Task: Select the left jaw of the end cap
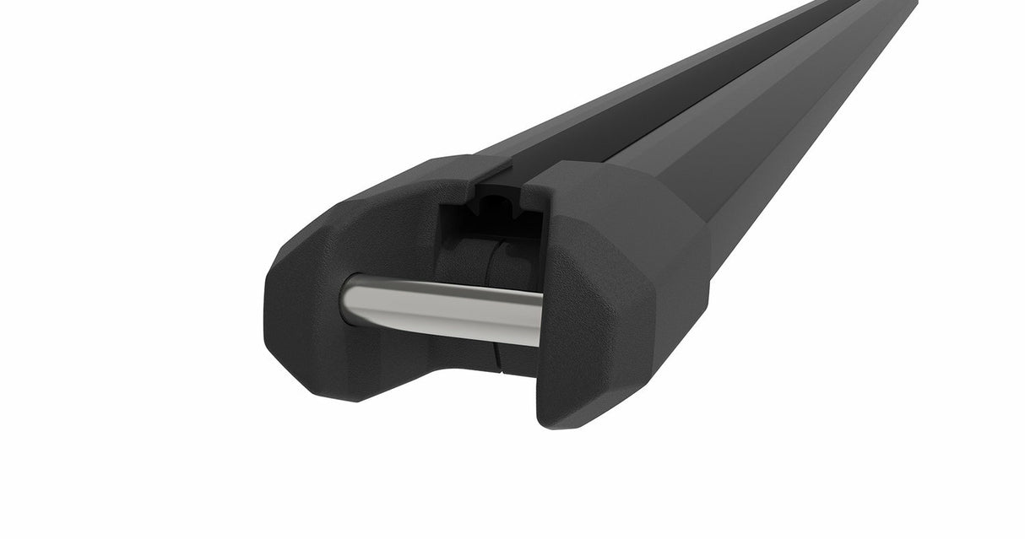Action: click(x=338, y=253)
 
